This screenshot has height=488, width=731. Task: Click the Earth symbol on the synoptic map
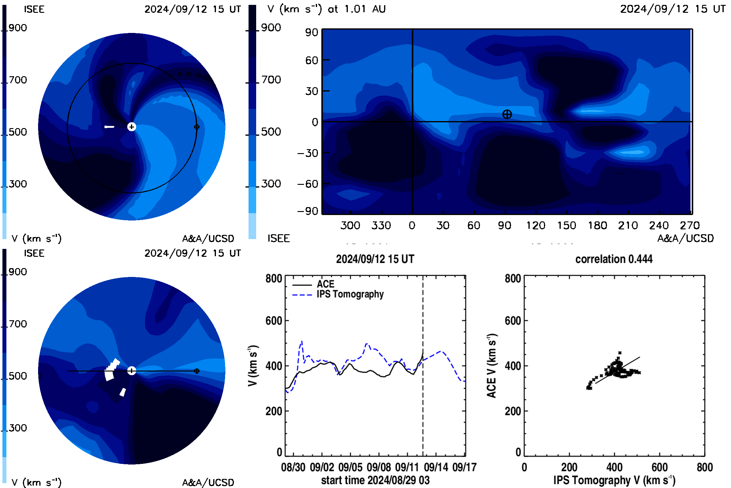coord(507,114)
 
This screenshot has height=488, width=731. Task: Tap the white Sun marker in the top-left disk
coord(132,127)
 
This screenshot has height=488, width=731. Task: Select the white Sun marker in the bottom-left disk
coord(132,371)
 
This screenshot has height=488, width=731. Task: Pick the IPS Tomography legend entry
coord(338,294)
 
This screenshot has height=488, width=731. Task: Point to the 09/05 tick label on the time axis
coord(350,467)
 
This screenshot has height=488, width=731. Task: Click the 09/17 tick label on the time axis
coord(464,467)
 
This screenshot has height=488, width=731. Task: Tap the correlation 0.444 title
coord(614,259)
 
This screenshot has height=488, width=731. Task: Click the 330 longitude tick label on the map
coord(381,225)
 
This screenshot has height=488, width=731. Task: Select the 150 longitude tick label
coord(567,225)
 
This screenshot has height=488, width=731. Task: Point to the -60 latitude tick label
coord(308,184)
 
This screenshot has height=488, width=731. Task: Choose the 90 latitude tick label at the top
coord(311,32)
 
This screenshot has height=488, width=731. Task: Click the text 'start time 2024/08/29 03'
coord(375,480)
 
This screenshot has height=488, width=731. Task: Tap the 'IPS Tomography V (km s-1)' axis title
coord(614,480)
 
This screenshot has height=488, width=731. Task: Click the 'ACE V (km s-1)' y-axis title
coord(492,366)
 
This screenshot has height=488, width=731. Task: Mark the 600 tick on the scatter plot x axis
coord(659,467)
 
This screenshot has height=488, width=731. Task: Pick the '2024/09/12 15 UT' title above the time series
coord(375,259)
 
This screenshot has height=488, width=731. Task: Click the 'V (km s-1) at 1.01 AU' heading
coord(326,9)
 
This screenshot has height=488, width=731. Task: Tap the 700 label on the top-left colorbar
coord(18,80)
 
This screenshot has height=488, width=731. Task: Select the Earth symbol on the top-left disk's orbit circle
coord(196,127)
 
